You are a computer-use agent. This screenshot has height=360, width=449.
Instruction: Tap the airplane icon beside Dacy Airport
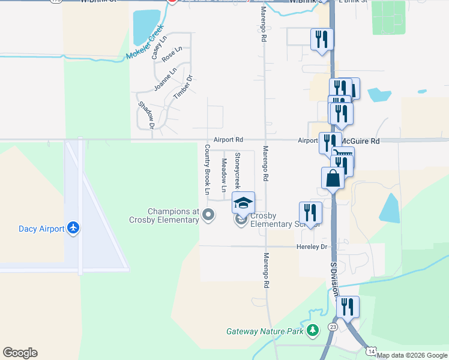coord(73,228)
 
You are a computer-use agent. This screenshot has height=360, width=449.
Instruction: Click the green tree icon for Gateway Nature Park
coord(312,331)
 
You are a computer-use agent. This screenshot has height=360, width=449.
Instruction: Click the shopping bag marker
coord(333,178)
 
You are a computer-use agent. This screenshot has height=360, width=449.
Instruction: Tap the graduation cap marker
coord(243,203)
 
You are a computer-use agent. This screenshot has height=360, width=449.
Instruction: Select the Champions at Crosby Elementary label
coord(173,215)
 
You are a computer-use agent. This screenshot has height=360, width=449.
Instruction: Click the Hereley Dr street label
coord(312,247)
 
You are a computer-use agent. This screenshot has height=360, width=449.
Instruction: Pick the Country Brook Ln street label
coord(207,170)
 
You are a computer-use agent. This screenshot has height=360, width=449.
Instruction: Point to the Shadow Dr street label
coord(146,115)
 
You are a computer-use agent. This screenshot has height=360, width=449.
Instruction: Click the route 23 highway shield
coord(332,327)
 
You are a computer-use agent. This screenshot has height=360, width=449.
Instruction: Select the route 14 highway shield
coord(372,350)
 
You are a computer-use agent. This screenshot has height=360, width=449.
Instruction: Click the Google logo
coord(20,353)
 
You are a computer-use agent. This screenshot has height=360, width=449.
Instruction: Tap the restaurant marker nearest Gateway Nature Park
coord(348,307)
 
